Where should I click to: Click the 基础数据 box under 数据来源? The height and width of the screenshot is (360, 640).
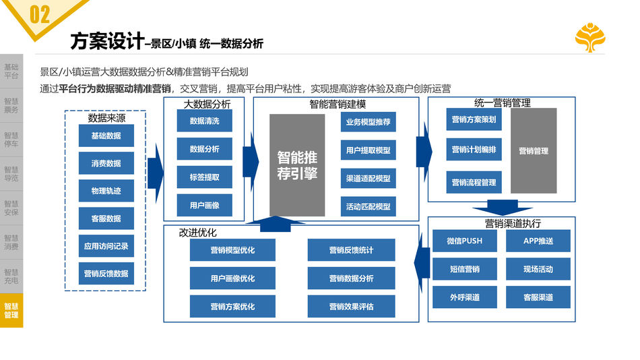(106, 136)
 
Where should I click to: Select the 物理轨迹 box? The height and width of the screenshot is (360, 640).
(106, 191)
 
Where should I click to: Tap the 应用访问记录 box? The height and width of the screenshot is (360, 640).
(106, 246)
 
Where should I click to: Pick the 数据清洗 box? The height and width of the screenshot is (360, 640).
(204, 121)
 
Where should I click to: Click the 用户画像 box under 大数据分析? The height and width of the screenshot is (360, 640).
(204, 205)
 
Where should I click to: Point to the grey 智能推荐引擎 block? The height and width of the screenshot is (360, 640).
(297, 165)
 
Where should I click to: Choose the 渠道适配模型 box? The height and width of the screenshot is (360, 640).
(368, 179)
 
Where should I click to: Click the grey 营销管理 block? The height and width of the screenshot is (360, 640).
(534, 151)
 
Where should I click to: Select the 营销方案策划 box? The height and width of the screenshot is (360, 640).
(474, 119)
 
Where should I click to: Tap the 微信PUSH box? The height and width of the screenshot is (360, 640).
(464, 241)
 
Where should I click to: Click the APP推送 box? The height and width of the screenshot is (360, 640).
(538, 241)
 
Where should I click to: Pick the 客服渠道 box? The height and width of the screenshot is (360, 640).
(538, 297)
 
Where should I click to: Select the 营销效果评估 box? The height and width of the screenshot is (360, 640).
(351, 307)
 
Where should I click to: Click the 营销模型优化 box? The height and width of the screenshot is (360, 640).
(232, 250)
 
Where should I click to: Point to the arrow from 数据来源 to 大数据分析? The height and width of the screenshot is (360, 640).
(156, 172)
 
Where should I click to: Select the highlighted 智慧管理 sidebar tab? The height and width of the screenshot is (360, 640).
(11, 311)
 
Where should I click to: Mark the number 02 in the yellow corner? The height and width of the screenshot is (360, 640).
(40, 15)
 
